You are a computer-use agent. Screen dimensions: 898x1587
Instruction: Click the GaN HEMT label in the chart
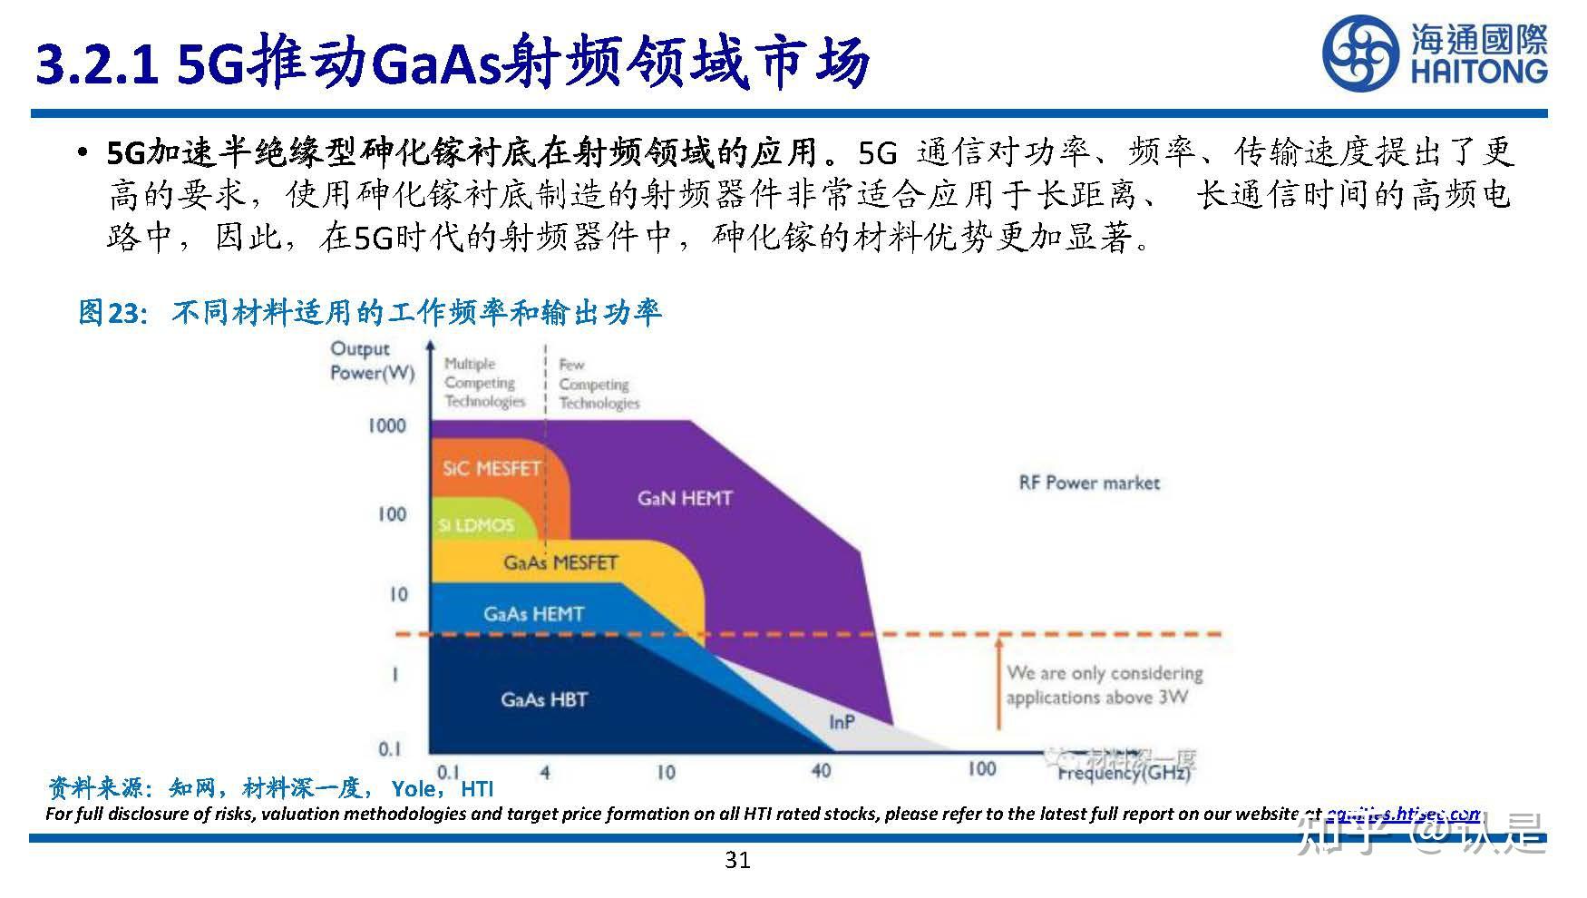685,498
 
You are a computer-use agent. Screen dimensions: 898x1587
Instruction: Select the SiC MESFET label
492,469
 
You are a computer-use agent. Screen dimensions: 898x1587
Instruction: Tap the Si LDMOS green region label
475,525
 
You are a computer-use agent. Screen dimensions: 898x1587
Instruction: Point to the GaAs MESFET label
560,562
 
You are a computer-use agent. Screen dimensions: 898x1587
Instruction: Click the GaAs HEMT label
533,614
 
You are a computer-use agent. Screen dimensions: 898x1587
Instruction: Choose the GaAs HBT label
543,699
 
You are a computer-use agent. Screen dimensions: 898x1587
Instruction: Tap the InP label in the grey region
842,722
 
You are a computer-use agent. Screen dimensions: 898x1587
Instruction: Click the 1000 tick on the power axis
386,425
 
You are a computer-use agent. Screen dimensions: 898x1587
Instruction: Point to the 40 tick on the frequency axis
820,771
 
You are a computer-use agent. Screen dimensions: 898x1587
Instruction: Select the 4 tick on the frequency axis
544,773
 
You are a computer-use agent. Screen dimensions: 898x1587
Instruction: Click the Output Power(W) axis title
371,361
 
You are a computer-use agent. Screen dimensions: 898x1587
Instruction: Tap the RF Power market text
1089,483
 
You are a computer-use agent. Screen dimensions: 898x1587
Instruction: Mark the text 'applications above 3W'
1096,698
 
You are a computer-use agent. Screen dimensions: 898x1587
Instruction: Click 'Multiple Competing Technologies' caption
484,383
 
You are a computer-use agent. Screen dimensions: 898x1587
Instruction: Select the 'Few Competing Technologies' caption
598,384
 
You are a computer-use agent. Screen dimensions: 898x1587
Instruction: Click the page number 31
737,860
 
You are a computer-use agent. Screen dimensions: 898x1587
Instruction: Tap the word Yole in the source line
413,789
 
